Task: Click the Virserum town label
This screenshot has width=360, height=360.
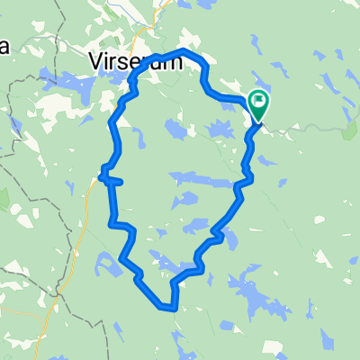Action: point(136,60)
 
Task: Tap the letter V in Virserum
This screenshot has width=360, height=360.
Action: point(96,60)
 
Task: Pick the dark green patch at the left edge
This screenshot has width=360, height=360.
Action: point(4,199)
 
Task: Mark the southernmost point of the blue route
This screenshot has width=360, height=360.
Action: point(167,309)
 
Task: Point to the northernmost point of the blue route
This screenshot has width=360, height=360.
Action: point(185,50)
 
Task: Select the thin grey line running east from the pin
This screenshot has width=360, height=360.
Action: point(306,130)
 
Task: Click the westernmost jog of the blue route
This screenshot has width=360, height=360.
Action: point(101,175)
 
